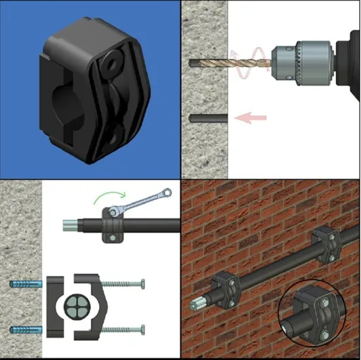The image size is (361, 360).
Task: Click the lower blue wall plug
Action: pyautogui.click(x=26, y=329)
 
